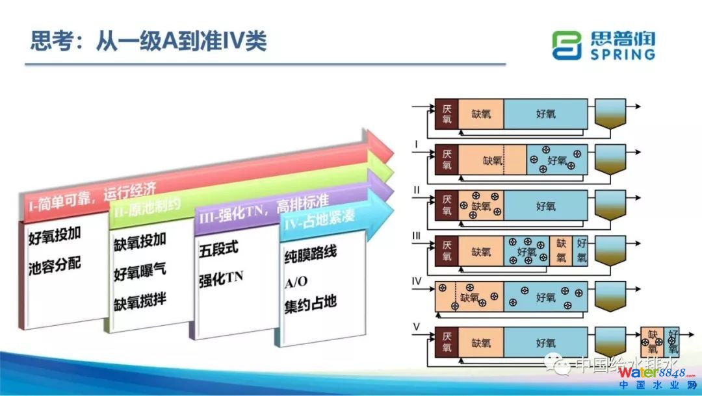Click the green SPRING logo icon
pos(566,45)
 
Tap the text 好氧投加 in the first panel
pos(55,238)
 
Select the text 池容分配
pos(55,266)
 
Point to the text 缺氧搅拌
pos(140,303)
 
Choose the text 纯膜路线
pos(310,253)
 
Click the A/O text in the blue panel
pos(296,280)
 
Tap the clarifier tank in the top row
pos(610,116)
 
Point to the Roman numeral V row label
pos(417,327)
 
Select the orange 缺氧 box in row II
pos(480,206)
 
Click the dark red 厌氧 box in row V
pos(447,343)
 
